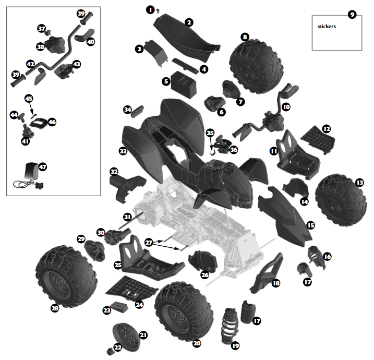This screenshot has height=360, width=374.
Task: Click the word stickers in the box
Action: pyautogui.click(x=327, y=27)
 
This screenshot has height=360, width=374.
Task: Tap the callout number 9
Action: pyautogui.click(x=352, y=15)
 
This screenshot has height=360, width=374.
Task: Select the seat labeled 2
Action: pyautogui.click(x=186, y=38)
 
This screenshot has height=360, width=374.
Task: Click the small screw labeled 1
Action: pyautogui.click(x=158, y=10)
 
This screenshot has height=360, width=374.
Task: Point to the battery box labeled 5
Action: pyautogui.click(x=184, y=84)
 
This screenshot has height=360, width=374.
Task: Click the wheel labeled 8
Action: pyautogui.click(x=257, y=66)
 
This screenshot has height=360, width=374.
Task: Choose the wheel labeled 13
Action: pyautogui.click(x=341, y=200)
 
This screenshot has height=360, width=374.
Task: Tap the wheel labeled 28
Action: pyautogui.click(x=66, y=276)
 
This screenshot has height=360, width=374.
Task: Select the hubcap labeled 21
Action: pyautogui.click(x=126, y=337)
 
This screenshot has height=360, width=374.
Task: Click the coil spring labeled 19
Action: pyautogui.click(x=230, y=326)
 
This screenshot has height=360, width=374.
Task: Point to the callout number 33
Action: pyautogui.click(x=123, y=151)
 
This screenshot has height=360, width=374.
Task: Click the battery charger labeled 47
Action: pyautogui.click(x=29, y=175)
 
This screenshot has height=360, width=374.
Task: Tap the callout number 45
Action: pyautogui.click(x=29, y=99)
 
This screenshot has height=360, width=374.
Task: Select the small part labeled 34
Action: pyautogui.click(x=138, y=112)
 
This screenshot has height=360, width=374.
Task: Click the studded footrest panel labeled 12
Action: pyautogui.click(x=318, y=139)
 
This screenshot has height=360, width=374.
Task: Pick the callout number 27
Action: pyautogui.click(x=149, y=243)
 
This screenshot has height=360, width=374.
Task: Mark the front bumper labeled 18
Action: pyautogui.click(x=266, y=273)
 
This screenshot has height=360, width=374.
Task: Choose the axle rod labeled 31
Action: pyautogui.click(x=131, y=221)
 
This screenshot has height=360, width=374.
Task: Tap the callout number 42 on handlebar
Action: pyautogui.click(x=31, y=64)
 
